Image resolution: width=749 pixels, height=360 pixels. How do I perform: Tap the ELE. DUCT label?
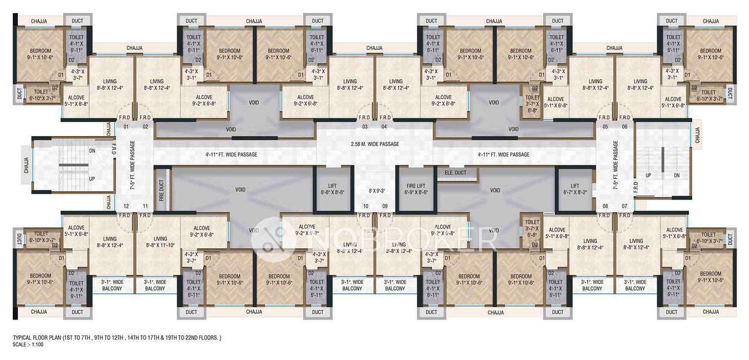455,172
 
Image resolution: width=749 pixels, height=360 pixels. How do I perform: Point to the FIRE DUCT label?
162,190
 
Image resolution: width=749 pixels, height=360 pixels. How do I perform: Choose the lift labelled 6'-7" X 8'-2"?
575,188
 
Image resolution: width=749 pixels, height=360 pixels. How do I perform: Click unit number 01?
126,127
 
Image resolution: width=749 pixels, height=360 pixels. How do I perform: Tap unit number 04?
385,127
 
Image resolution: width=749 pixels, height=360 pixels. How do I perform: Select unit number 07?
624,206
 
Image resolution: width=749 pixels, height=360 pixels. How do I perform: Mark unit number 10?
366,206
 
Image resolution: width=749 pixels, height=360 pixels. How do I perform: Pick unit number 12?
126,206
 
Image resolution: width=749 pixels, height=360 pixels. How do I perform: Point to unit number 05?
606,127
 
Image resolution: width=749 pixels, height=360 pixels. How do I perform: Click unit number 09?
385,206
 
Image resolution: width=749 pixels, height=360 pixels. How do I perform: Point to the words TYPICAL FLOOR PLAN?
42,337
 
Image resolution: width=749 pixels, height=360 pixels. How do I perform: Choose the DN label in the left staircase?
92,151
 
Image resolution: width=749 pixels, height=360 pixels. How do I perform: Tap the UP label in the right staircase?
648,175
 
